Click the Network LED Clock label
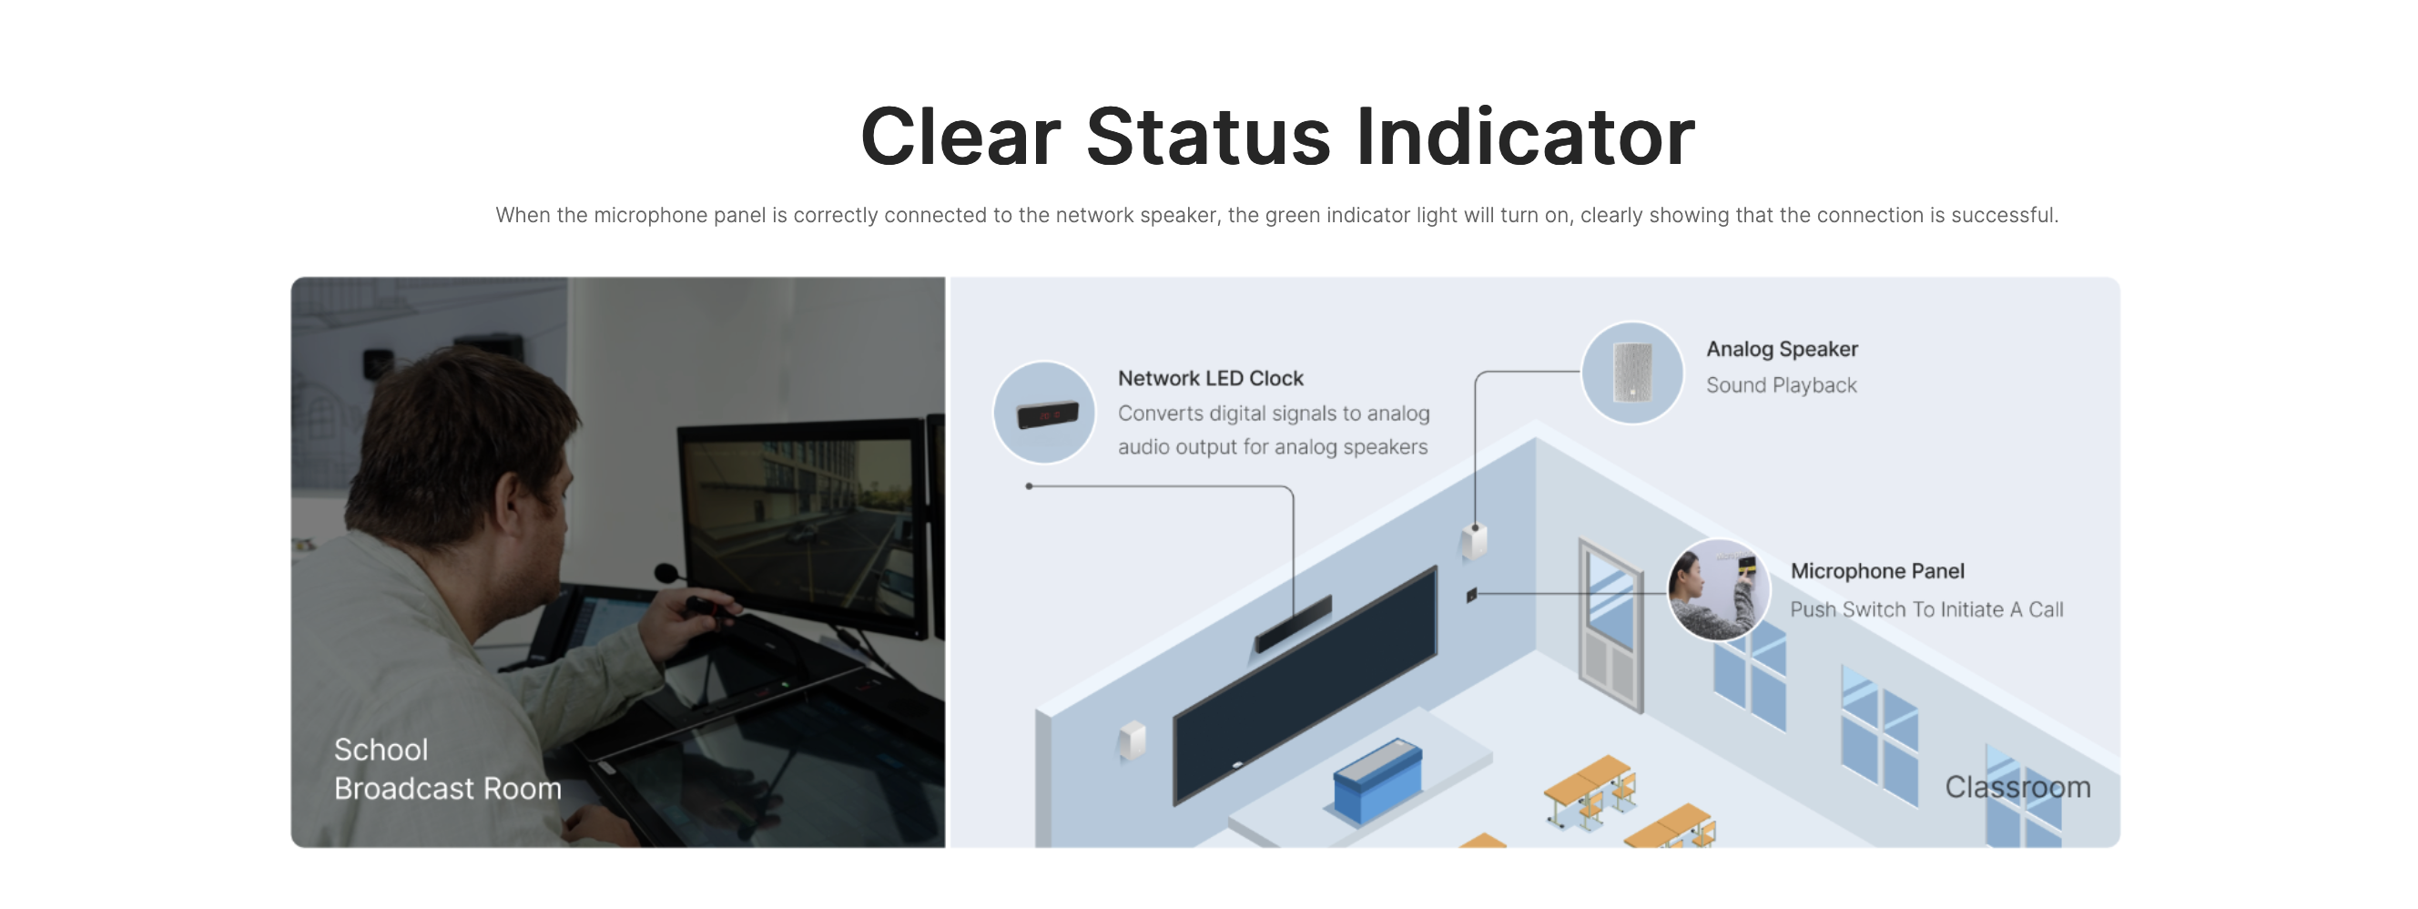(1210, 378)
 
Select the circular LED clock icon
(1044, 413)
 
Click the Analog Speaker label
(1782, 350)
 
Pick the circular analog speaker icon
(1632, 373)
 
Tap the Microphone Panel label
(1877, 571)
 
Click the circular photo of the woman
(1718, 589)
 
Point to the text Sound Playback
(1781, 385)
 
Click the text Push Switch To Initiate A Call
(1926, 609)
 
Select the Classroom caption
(2017, 787)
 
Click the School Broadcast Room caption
(448, 769)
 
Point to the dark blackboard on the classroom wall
(1305, 686)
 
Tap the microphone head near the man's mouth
(666, 572)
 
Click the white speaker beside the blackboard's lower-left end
(1132, 740)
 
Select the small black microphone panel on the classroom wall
(1472, 595)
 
